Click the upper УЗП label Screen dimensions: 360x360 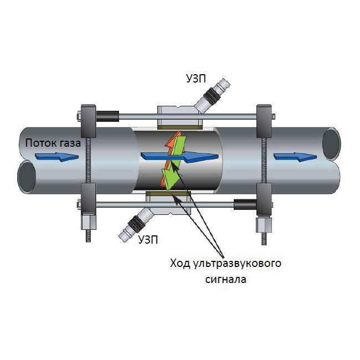click(196, 79)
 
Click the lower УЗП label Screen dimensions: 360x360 click(148, 240)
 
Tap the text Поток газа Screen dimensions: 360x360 click(53, 143)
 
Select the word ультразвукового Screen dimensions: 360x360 click(237, 264)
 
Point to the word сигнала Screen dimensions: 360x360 click(225, 280)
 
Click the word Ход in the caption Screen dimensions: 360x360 click(180, 263)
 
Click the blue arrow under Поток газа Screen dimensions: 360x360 click(57, 157)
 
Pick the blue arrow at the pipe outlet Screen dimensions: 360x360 click(295, 157)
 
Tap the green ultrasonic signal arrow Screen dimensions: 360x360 click(174, 163)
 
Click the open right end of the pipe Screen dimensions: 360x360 click(331, 144)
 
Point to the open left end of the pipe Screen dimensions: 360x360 click(27, 177)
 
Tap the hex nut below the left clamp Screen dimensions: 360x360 click(89, 222)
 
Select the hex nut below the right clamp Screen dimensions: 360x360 click(264, 225)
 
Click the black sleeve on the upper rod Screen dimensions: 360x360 click(107, 116)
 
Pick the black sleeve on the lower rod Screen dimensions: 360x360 click(245, 204)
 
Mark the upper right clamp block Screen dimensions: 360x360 click(264, 121)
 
